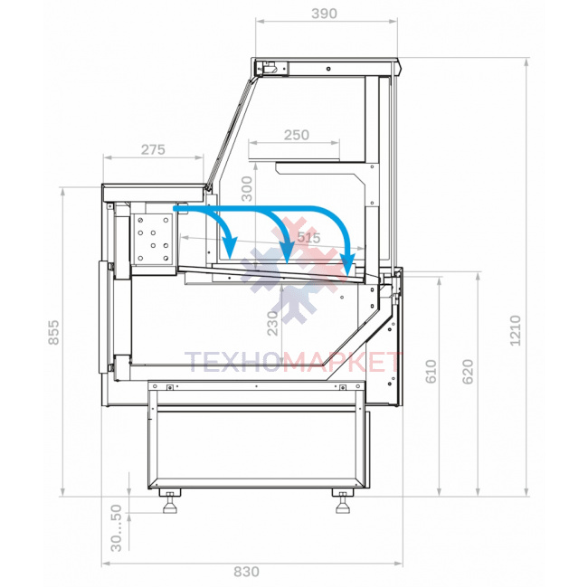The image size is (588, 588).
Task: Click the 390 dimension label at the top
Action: point(324,14)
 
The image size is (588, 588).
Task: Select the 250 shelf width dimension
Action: point(296,135)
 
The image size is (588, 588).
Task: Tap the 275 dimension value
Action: point(153,149)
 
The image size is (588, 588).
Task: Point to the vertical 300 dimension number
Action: point(247,189)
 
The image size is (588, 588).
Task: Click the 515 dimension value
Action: point(309,237)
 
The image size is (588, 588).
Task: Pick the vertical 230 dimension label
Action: point(272,323)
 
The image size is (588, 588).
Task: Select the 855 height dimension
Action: point(54,332)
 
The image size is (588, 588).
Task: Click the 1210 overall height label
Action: point(516,331)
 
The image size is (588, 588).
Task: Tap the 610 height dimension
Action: point(432,372)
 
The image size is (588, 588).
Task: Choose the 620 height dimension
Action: point(468,372)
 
